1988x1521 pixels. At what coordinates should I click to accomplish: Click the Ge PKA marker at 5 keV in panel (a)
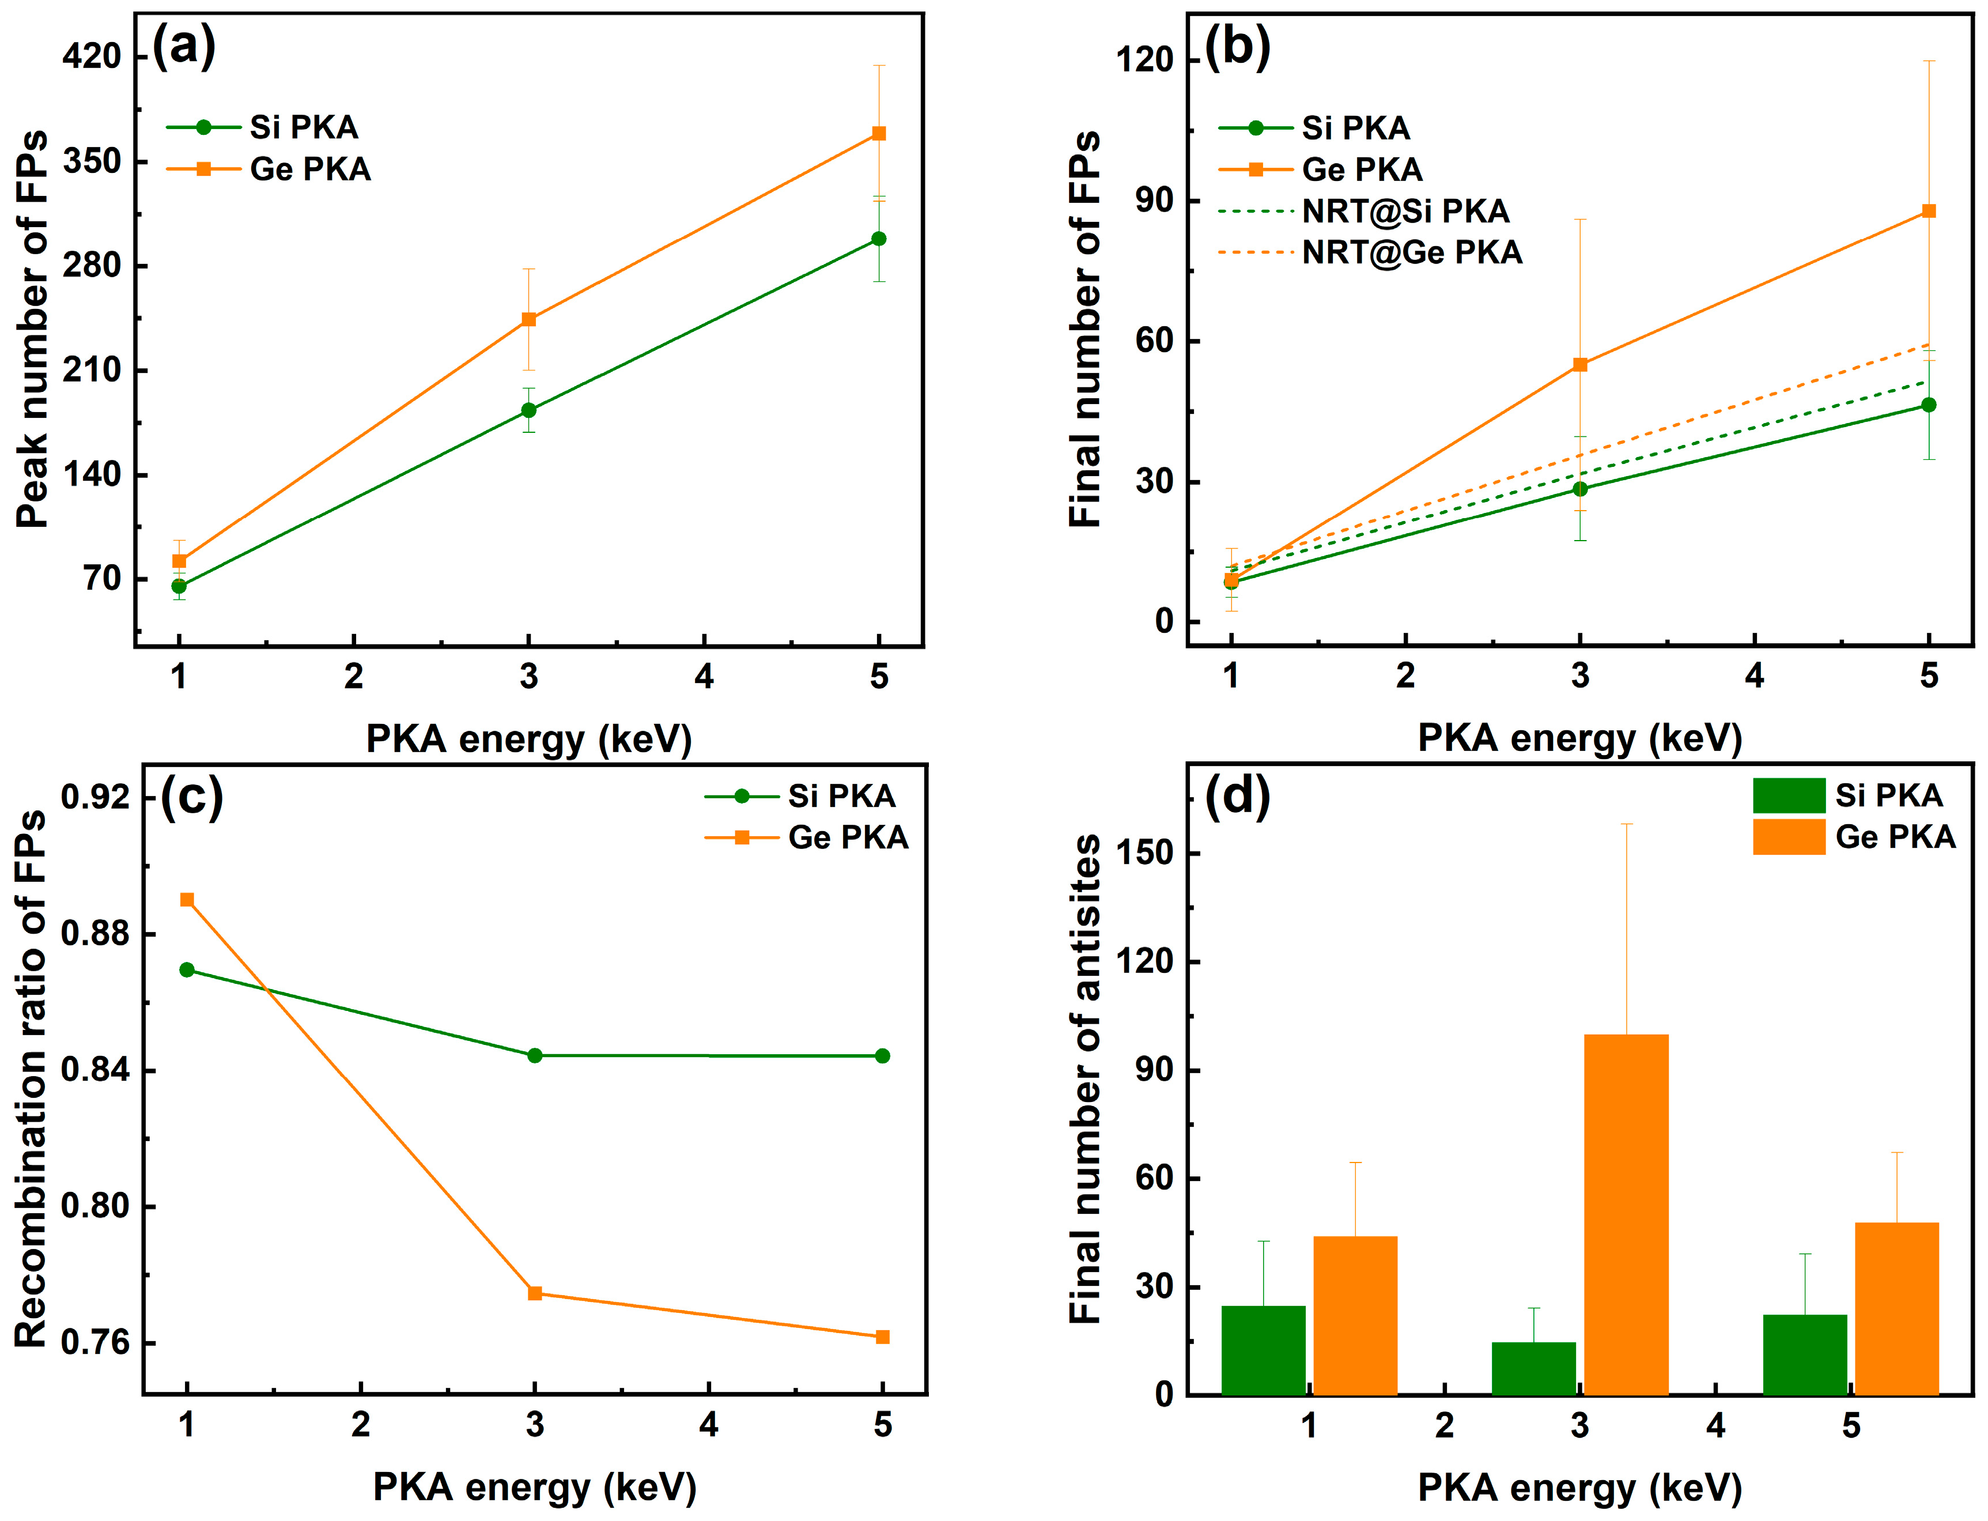click(x=878, y=133)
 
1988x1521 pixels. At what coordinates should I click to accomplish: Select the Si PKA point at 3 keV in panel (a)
click(x=528, y=410)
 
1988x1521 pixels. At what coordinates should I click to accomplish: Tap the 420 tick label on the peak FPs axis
click(x=92, y=56)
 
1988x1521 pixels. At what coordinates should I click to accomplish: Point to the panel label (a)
click(x=184, y=46)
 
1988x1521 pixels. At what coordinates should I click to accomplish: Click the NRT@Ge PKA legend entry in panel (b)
click(x=1411, y=252)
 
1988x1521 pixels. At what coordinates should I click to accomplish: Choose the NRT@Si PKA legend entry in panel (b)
click(x=1405, y=211)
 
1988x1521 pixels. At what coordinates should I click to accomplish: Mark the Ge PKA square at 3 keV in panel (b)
click(x=1579, y=365)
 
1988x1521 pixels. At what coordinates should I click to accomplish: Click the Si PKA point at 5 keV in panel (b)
click(x=1928, y=405)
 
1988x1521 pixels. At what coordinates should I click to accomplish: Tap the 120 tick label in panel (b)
click(x=1144, y=60)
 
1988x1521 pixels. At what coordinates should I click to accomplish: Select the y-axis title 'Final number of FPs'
click(x=1084, y=330)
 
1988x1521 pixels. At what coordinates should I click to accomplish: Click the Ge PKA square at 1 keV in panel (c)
click(x=187, y=899)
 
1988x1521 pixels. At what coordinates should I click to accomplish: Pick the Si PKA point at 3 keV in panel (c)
click(x=535, y=1056)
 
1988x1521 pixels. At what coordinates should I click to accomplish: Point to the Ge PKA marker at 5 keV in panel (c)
click(x=883, y=1337)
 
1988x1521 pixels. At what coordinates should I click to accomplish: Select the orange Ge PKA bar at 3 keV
click(x=1626, y=1213)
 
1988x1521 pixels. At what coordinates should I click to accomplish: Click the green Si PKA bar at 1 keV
click(x=1263, y=1349)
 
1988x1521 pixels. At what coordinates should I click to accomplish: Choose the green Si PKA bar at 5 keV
click(x=1804, y=1353)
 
